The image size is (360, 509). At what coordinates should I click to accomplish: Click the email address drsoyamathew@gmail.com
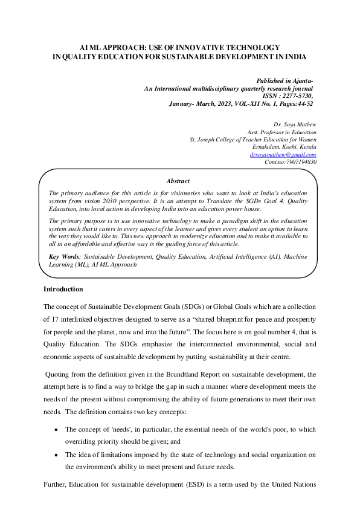pos(283,154)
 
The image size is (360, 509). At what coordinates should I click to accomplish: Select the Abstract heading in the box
pos(178,181)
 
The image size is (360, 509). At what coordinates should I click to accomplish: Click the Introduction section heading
pos(63,290)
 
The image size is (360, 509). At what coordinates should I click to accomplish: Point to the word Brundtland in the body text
pos(159,374)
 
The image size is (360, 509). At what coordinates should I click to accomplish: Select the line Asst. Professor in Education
pos(282,131)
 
